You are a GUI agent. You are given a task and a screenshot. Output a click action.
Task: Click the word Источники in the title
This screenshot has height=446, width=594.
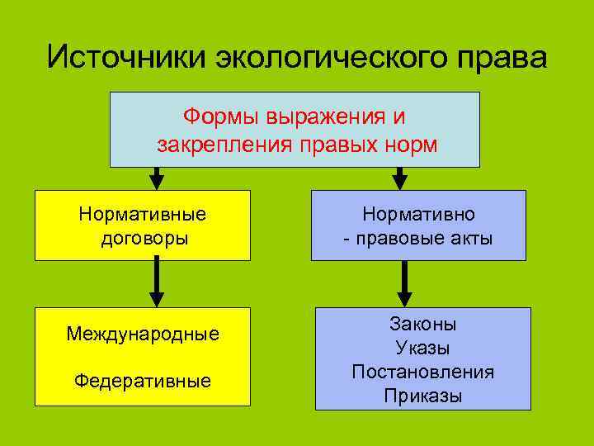(127, 58)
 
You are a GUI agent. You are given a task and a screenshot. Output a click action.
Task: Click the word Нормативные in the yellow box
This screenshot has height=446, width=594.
(143, 214)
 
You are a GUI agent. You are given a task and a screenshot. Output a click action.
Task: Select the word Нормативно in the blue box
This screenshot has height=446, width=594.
(418, 214)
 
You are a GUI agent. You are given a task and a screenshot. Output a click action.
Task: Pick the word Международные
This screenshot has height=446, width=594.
(143, 334)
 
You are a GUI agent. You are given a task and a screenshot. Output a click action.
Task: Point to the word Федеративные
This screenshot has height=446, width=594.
(143, 381)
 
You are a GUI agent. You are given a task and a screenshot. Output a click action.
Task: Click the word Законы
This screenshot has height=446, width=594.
(422, 325)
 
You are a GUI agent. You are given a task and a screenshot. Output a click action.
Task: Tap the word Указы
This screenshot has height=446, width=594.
(422, 348)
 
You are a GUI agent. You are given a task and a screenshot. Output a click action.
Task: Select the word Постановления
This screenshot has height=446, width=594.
(422, 372)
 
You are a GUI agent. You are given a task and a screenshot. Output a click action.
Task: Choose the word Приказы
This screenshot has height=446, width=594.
(422, 396)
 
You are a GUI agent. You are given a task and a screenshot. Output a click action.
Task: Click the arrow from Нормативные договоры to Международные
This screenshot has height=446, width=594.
(155, 284)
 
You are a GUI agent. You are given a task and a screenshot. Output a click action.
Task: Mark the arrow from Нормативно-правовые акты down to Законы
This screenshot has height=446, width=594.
(405, 284)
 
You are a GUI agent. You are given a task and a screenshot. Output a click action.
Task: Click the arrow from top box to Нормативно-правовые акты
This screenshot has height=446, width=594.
(399, 178)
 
